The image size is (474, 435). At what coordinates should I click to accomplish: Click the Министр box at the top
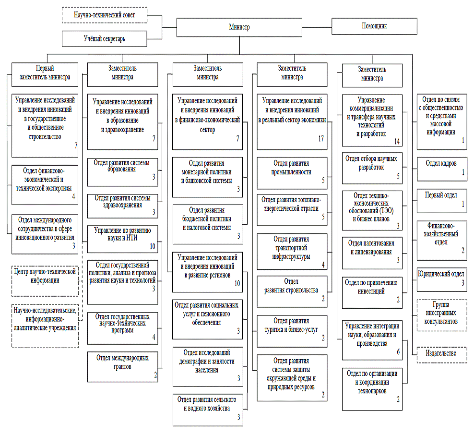pyautogui.click(x=239, y=28)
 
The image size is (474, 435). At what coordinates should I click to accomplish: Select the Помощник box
pyautogui.click(x=374, y=26)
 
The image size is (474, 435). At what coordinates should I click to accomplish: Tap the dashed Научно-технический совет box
pyautogui.click(x=104, y=15)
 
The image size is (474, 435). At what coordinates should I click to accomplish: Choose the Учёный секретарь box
pyautogui.click(x=104, y=39)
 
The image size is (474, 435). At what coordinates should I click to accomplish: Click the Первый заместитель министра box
pyautogui.click(x=45, y=73)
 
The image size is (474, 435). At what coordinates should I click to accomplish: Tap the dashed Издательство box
pyautogui.click(x=441, y=354)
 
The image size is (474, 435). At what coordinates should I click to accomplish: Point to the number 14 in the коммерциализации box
pyautogui.click(x=396, y=142)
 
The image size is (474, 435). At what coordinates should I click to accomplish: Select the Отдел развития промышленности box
pyautogui.click(x=292, y=172)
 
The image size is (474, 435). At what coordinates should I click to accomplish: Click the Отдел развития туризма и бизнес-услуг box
pyautogui.click(x=292, y=328)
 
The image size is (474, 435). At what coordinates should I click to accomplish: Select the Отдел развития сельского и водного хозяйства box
pyautogui.click(x=207, y=410)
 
